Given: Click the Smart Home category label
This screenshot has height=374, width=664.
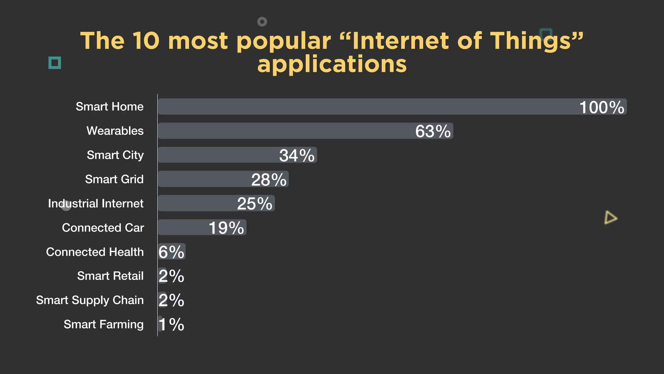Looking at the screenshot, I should click(110, 106).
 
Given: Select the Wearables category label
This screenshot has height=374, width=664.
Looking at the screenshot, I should click(115, 131).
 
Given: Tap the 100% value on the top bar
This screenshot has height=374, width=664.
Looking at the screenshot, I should click(602, 107).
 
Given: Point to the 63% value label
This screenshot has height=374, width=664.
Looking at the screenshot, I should click(433, 131).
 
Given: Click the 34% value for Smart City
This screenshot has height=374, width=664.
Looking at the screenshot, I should click(297, 156).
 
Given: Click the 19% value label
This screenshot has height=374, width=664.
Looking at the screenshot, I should click(226, 228).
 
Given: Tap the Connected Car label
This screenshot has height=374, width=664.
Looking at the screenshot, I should click(103, 228).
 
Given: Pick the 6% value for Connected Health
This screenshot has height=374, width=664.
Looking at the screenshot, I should click(171, 252).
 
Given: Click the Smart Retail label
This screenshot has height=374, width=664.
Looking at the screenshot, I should click(110, 276).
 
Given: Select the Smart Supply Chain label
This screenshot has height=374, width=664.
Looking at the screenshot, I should click(90, 300).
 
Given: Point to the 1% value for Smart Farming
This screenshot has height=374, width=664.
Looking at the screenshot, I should click(172, 324).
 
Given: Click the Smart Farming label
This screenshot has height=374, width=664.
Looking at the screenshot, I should click(103, 324).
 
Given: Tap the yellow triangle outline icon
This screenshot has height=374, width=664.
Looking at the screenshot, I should click(610, 218).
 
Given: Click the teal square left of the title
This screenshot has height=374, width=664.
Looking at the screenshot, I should click(55, 63).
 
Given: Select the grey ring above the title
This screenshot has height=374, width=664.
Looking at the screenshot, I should click(262, 22).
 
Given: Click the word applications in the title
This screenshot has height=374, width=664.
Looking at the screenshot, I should click(332, 64).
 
